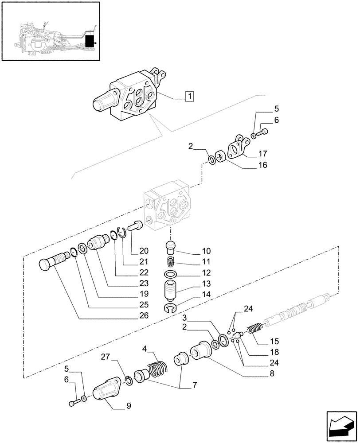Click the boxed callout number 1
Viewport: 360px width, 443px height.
pyautogui.click(x=189, y=96)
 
